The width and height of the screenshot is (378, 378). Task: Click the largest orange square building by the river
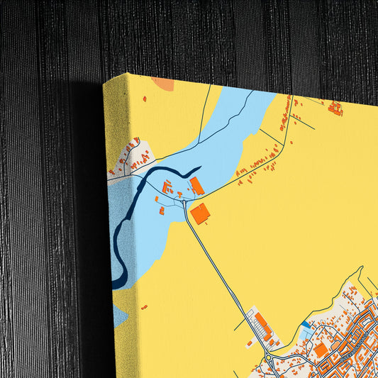(x=201, y=213)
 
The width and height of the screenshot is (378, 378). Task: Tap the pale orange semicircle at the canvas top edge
(x=164, y=85)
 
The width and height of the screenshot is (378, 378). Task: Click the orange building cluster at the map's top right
(x=335, y=109)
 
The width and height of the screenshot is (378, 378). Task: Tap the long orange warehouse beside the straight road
(x=262, y=324)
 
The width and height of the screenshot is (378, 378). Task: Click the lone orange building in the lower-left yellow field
(x=144, y=307)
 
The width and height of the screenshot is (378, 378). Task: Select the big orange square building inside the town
(x=321, y=350)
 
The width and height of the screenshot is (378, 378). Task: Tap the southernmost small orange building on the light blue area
(x=162, y=211)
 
